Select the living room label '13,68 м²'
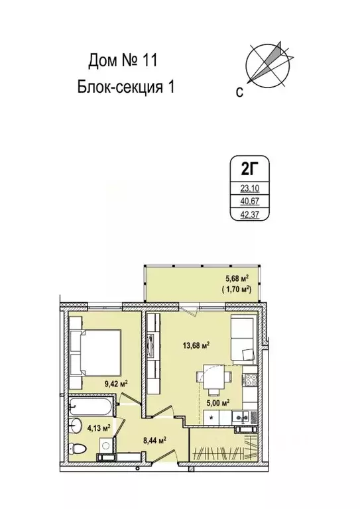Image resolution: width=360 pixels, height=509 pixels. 196,345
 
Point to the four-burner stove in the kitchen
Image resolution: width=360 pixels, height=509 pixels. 252,381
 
